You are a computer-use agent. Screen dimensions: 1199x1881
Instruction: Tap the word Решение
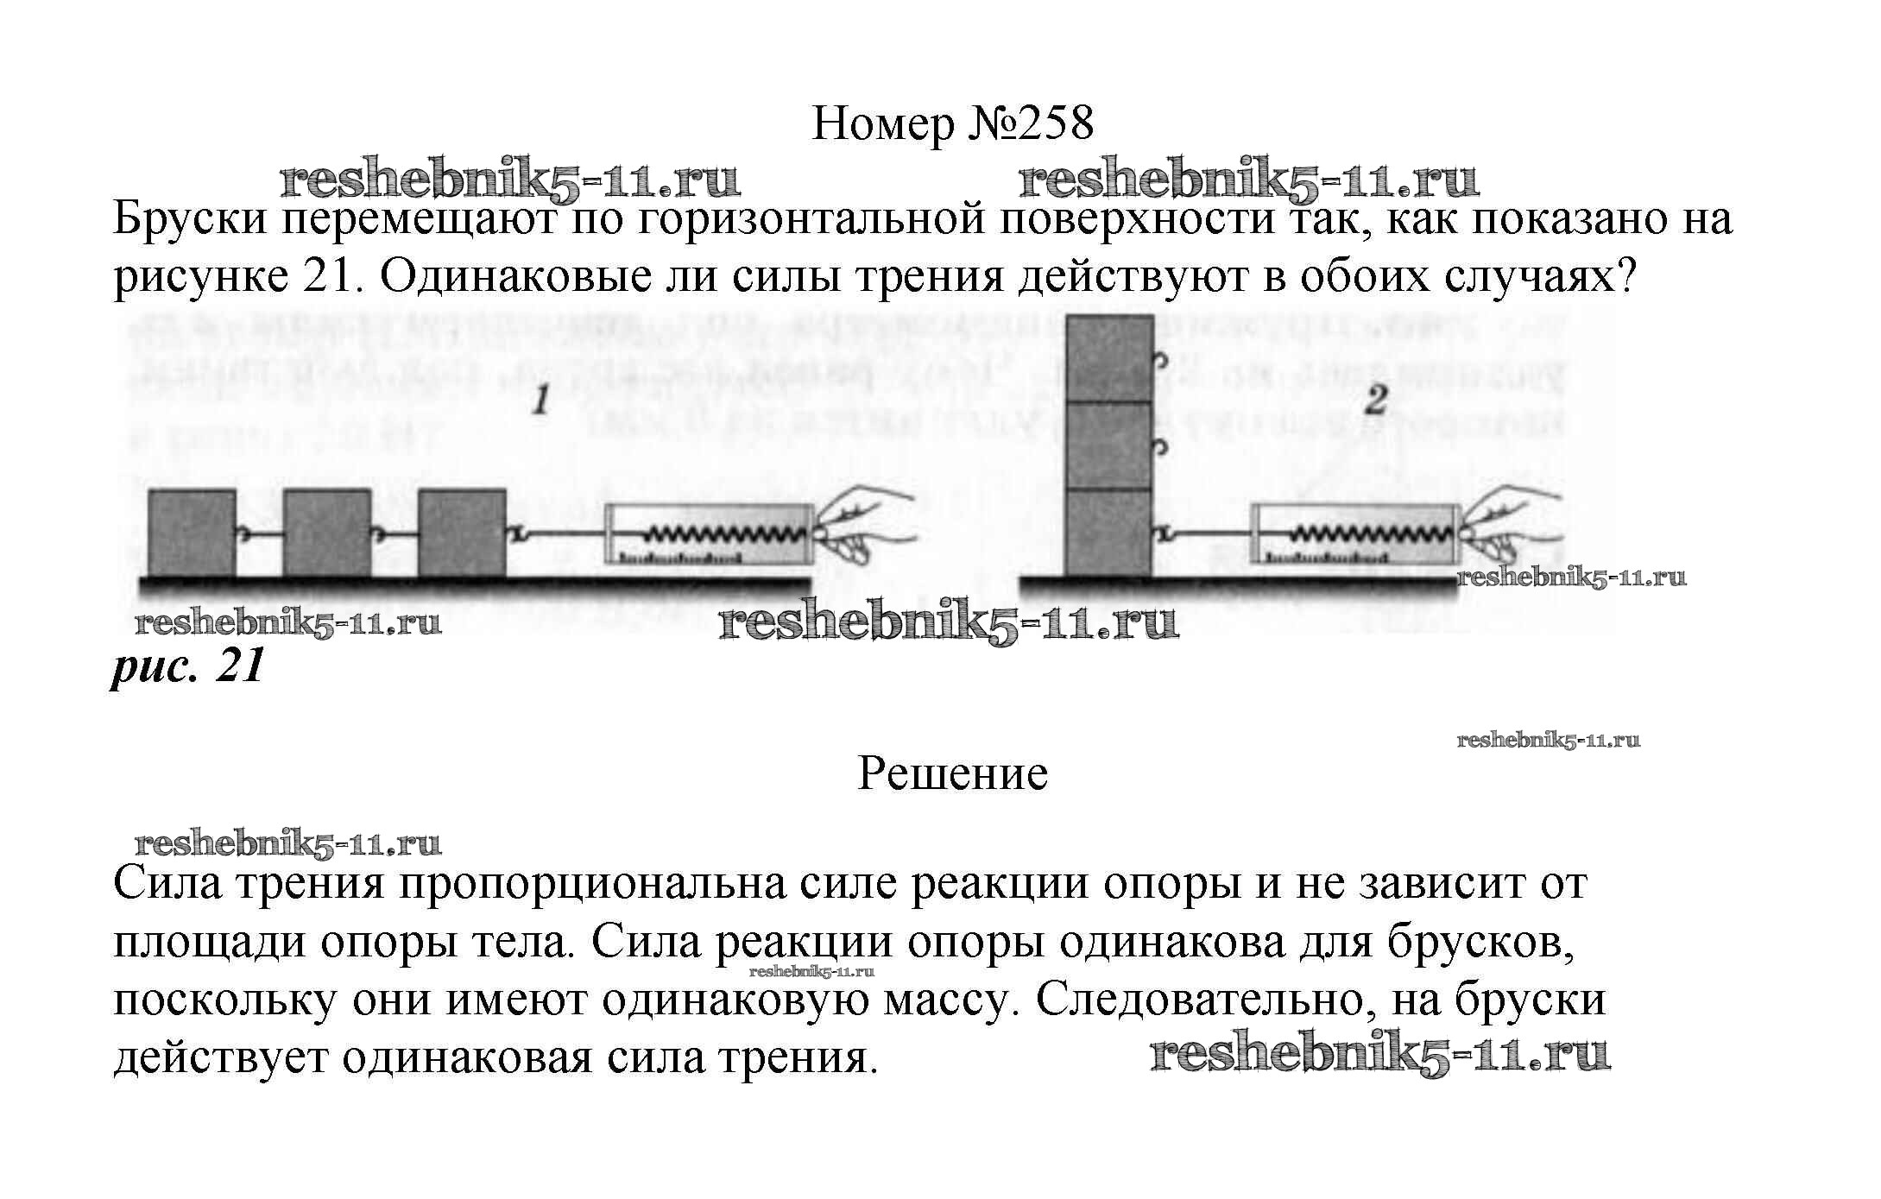(952, 774)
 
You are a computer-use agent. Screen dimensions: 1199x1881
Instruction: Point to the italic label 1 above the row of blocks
(541, 401)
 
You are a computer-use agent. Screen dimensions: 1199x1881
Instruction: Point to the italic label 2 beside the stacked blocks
(1376, 401)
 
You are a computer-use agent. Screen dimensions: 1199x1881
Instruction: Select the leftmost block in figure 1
(192, 533)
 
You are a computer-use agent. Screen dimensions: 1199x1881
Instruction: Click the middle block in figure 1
(327, 533)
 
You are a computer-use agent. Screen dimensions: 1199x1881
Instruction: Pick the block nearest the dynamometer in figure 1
(462, 533)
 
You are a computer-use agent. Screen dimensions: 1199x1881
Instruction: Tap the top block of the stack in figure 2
(1109, 359)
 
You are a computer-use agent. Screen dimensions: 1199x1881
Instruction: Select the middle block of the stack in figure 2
(1109, 445)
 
